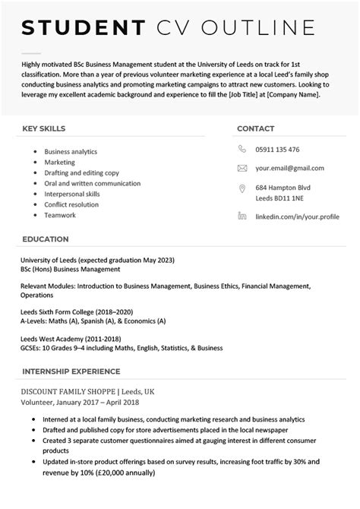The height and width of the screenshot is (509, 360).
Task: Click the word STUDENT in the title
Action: (84, 28)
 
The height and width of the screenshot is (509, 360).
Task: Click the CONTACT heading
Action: (256, 128)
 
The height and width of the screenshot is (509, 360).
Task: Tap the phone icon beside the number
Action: (242, 150)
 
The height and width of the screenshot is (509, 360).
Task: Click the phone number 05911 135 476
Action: (277, 150)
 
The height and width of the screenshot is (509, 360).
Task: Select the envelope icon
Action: (242, 168)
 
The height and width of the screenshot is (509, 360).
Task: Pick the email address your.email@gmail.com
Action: (289, 168)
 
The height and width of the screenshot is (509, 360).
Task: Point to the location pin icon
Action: (242, 188)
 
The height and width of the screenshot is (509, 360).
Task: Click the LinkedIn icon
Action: (242, 217)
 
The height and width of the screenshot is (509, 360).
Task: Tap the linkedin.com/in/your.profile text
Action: (297, 217)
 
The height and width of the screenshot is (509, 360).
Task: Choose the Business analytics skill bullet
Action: (71, 151)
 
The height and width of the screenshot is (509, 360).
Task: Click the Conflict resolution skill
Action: (71, 204)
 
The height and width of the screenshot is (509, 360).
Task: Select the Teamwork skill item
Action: (60, 215)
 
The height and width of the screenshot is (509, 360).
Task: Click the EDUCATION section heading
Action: (46, 239)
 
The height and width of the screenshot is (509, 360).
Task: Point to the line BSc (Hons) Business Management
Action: (71, 269)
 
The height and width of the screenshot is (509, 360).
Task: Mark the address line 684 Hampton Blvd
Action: (283, 188)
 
